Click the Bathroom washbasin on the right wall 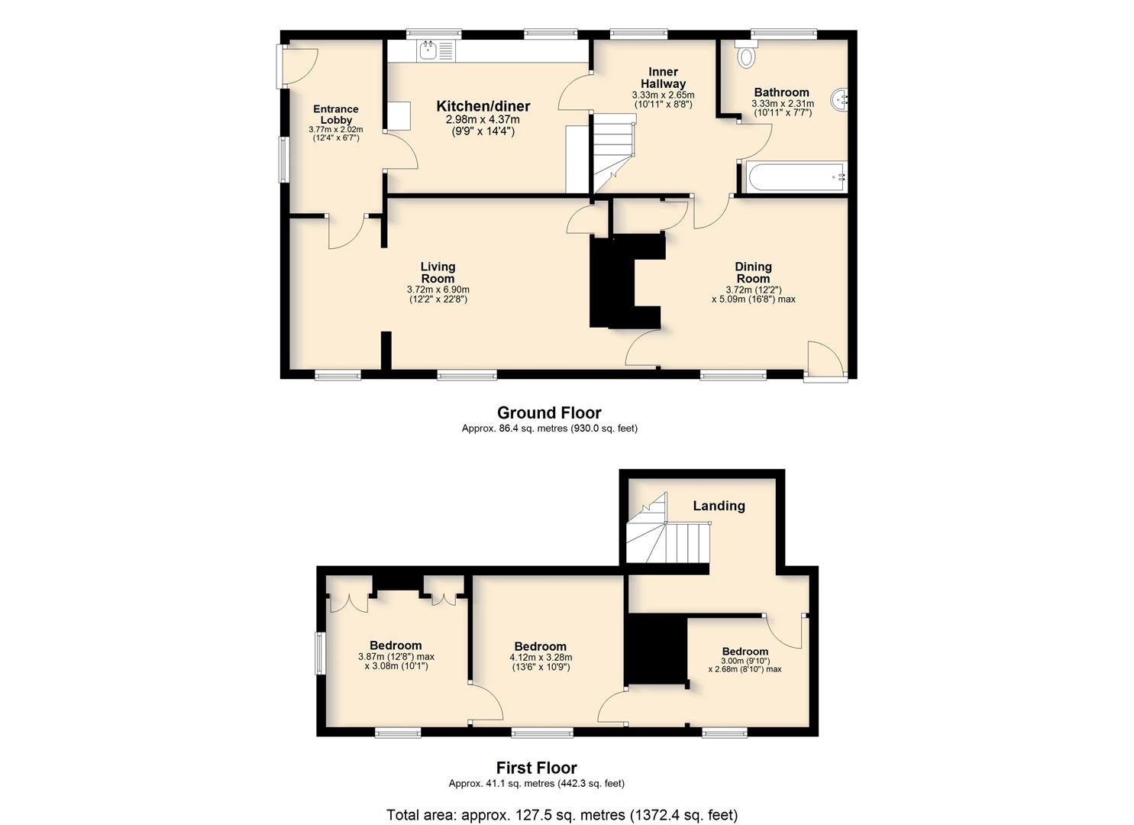pyautogui.click(x=839, y=101)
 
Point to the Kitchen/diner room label pyautogui.click(x=483, y=106)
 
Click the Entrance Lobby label pyautogui.click(x=336, y=115)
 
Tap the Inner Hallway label pyautogui.click(x=663, y=78)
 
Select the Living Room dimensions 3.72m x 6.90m pyautogui.click(x=438, y=290)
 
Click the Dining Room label pyautogui.click(x=753, y=273)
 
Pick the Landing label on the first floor pyautogui.click(x=719, y=506)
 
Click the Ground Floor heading pyautogui.click(x=549, y=412)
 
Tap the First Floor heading pyautogui.click(x=537, y=768)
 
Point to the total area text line pyautogui.click(x=562, y=815)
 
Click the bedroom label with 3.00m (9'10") pyautogui.click(x=745, y=652)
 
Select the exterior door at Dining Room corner pyautogui.click(x=825, y=360)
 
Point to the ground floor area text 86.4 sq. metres pyautogui.click(x=549, y=429)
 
